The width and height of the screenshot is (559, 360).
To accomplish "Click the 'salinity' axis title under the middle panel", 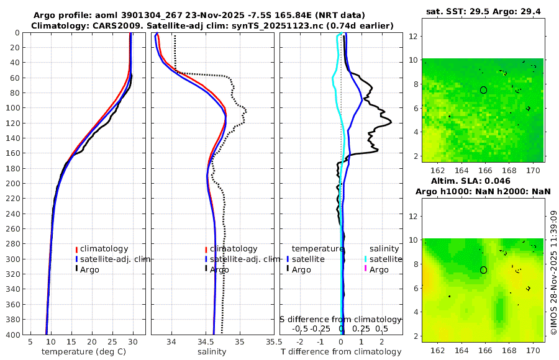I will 211,352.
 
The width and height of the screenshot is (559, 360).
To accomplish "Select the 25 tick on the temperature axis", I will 112,342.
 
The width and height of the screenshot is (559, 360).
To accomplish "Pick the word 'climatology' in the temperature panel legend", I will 104,248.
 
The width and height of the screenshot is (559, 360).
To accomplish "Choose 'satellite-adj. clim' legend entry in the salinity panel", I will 243,259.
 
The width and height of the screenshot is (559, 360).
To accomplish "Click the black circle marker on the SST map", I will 483,90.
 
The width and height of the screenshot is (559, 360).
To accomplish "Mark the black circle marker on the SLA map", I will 483,270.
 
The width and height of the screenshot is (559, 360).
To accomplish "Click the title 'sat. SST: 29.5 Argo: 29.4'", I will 483,12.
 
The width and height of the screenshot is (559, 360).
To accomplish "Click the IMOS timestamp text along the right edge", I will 553,273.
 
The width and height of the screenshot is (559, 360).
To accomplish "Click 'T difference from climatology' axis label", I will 341,352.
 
